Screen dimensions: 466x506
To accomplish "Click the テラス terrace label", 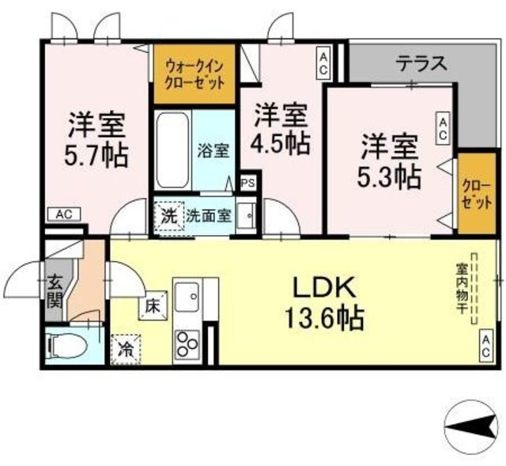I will click(422, 62).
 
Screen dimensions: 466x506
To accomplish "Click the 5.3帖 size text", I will click(391, 176).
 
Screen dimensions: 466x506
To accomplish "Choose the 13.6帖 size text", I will click(325, 318).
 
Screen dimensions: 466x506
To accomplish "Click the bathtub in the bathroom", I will click(170, 150).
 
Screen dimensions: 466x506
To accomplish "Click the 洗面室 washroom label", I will click(210, 215).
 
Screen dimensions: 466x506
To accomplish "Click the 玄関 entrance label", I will click(55, 290).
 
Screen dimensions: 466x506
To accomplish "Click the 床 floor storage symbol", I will click(152, 302).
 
